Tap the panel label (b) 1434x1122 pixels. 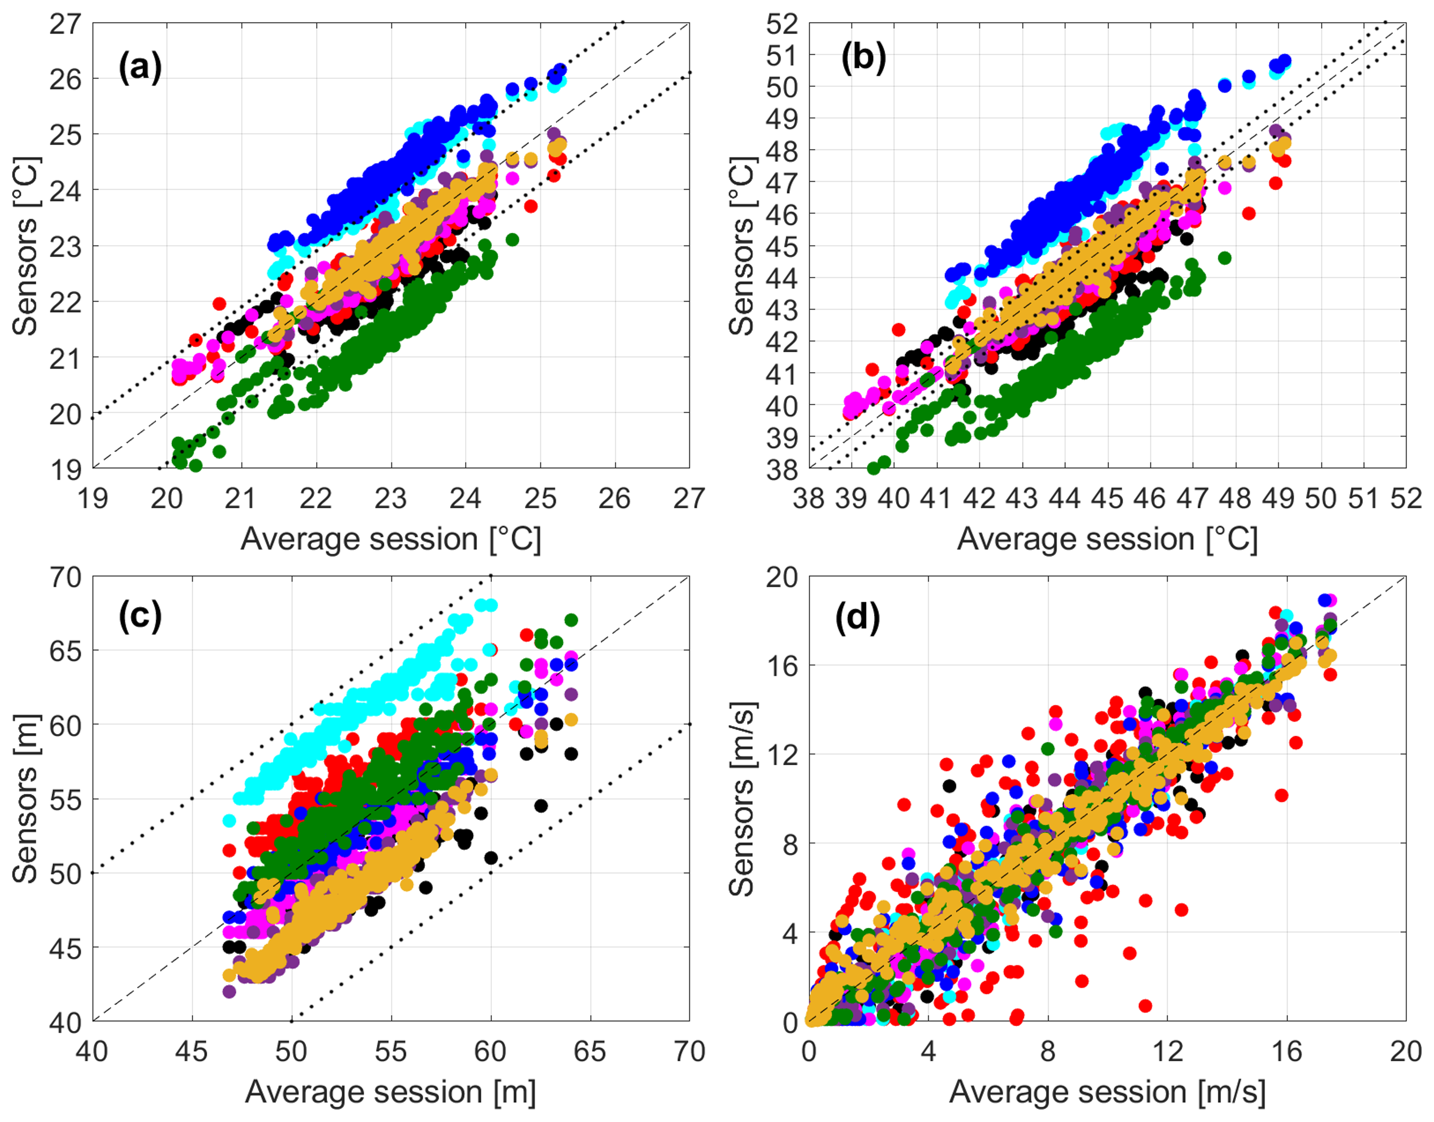863,57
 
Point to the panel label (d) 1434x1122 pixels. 857,618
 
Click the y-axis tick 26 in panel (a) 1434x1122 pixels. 66,79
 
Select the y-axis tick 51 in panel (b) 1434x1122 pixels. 782,55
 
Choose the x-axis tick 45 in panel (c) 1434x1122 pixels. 192,1052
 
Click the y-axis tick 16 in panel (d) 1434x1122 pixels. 782,665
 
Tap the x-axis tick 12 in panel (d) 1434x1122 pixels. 1167,1052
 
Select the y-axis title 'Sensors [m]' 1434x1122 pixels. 25,799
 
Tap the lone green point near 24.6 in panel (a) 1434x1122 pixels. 512,240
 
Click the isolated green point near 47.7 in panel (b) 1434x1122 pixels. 1224,258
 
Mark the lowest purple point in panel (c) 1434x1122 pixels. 229,991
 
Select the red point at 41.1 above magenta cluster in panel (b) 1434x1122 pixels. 872,370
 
